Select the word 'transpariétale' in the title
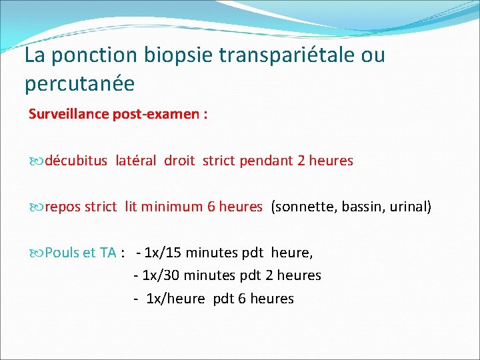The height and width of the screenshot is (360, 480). [x=281, y=55]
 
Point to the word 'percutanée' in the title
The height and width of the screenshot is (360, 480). [x=79, y=84]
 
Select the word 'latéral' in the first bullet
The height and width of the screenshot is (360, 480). [x=137, y=161]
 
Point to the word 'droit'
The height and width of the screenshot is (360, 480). [x=180, y=161]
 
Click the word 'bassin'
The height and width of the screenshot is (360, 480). [x=360, y=207]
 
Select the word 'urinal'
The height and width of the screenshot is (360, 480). [x=407, y=207]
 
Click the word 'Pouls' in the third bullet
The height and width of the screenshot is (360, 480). [x=62, y=253]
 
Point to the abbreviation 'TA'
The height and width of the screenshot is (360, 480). [x=108, y=253]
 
